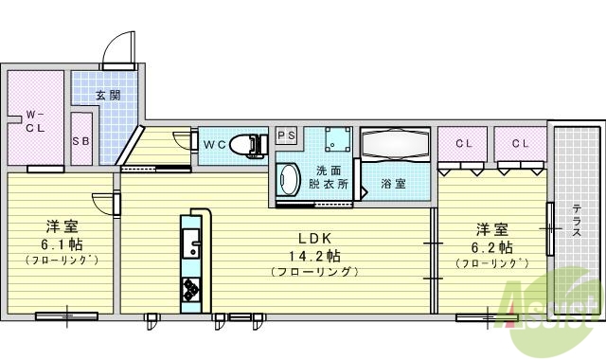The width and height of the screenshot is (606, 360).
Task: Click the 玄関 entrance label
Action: point(109,95)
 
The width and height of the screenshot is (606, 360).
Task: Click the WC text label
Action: point(213,145)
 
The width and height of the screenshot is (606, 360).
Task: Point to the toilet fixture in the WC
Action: point(247,144)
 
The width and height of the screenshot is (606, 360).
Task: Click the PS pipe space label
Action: point(287,135)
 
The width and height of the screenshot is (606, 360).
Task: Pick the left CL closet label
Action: point(463,143)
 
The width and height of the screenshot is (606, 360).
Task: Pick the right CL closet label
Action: point(521,143)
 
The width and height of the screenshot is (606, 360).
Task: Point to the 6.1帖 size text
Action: point(62,244)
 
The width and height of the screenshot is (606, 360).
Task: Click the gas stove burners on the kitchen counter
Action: point(191,289)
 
